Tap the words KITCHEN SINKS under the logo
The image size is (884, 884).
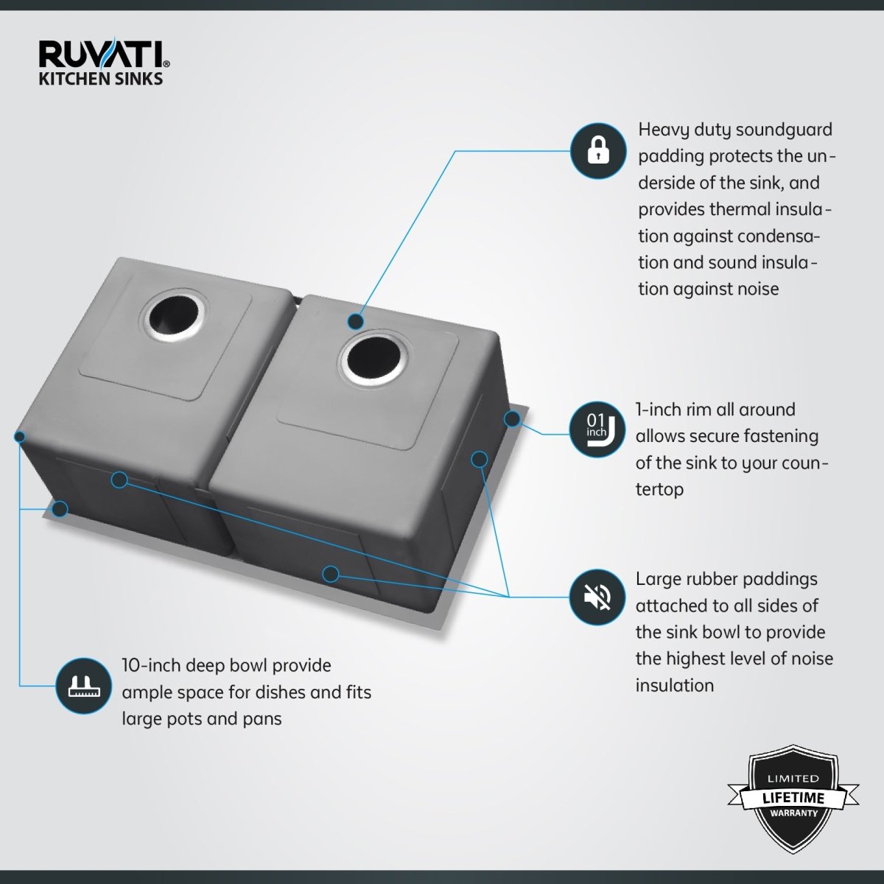(100, 78)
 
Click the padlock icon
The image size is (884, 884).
(598, 151)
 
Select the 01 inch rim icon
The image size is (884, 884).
(597, 429)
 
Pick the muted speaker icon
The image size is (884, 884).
(597, 597)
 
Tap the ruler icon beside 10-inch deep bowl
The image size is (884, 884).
(83, 687)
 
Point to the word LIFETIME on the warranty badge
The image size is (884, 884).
(793, 799)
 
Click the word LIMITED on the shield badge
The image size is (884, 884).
(793, 779)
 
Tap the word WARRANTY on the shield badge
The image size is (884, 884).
(794, 813)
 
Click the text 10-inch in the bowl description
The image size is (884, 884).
(151, 665)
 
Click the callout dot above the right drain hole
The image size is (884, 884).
(355, 322)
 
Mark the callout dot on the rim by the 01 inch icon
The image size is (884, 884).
(512, 418)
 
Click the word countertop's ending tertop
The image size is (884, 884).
(659, 489)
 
